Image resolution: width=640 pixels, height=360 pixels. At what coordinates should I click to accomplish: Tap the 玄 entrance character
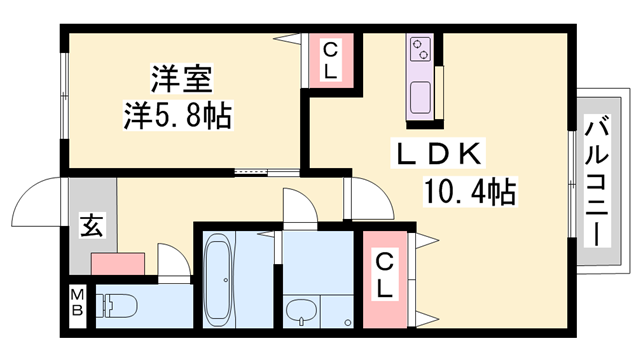(x=91, y=226)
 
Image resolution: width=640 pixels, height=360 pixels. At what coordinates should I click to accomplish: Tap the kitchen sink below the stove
(x=420, y=100)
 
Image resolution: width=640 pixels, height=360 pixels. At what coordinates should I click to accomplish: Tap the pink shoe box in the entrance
(x=119, y=264)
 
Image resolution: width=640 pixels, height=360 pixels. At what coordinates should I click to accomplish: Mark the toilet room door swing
(x=172, y=262)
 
